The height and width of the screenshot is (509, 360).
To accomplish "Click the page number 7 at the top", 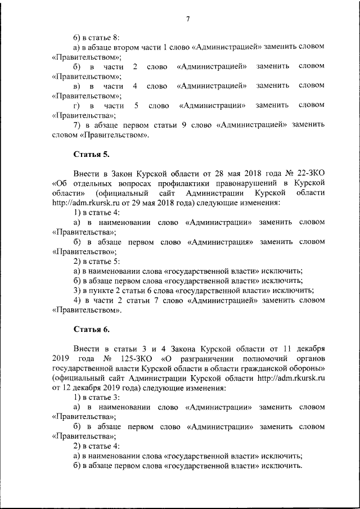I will [x=188, y=19].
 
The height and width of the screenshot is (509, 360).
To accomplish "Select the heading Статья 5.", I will [x=91, y=154].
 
